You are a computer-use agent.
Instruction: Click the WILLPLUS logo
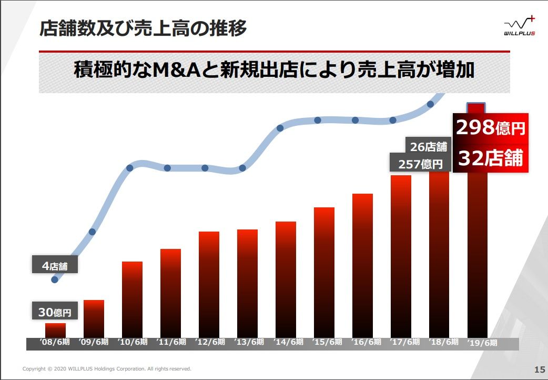(519, 26)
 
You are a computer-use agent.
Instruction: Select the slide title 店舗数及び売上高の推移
(143, 28)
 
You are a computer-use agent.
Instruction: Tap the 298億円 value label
(490, 128)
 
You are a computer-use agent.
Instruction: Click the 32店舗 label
(490, 158)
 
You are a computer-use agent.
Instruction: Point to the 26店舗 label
(428, 146)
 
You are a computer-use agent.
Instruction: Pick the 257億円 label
(420, 164)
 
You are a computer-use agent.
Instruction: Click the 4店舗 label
(55, 266)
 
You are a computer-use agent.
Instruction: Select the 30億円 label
(55, 312)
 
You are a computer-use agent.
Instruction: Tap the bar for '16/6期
(362, 265)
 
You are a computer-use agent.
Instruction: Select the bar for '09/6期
(94, 318)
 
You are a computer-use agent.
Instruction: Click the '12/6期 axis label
(209, 342)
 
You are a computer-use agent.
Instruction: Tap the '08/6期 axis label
(55, 342)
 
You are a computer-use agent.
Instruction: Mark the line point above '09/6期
(93, 232)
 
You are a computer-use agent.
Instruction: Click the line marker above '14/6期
(280, 127)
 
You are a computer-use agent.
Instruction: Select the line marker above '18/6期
(430, 104)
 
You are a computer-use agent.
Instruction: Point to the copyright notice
(107, 369)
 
